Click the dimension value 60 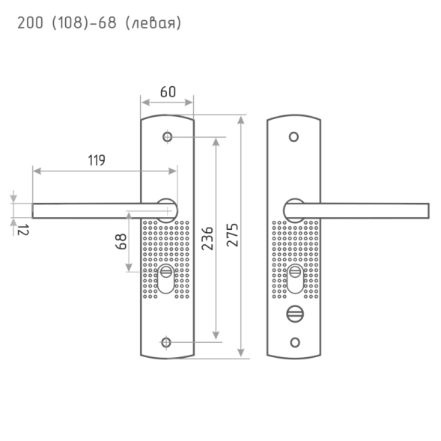168,91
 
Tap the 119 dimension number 97,160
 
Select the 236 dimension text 207,238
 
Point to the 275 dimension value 232,235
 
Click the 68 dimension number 121,241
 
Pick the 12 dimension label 22,230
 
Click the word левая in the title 153,22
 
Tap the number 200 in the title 30,22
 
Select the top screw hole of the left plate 168,137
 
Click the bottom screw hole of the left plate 166,343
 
